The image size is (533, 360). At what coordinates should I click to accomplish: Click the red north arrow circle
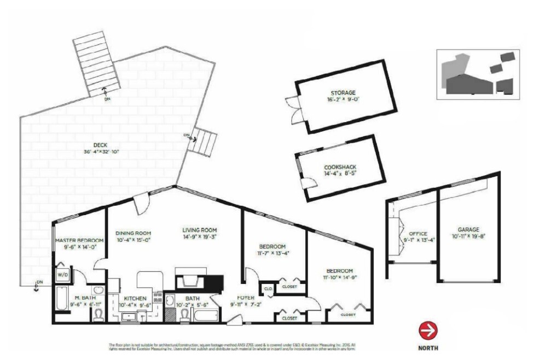click(428, 330)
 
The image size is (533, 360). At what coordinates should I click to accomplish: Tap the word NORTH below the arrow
click(428, 347)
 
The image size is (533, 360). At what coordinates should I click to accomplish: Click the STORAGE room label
click(343, 92)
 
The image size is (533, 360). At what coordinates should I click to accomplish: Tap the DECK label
click(100, 144)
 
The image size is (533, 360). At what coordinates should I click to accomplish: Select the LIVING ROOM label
click(200, 230)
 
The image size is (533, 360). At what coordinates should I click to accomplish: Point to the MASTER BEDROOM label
click(79, 240)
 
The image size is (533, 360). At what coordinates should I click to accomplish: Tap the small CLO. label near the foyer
click(268, 288)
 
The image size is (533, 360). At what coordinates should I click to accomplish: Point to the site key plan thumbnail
click(478, 74)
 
